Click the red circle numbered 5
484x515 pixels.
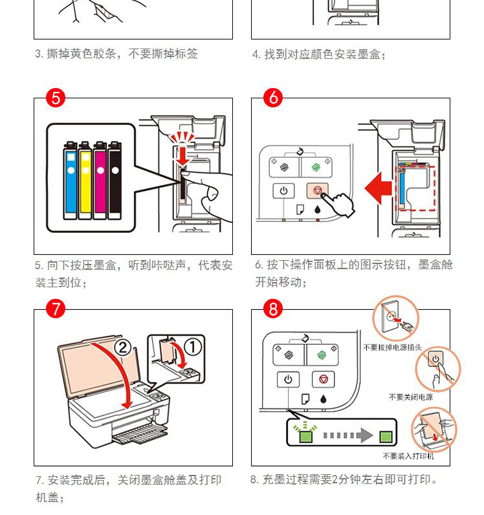click(56, 98)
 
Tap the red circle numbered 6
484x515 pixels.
click(273, 98)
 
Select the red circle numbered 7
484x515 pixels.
click(56, 309)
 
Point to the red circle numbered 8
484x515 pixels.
click(273, 309)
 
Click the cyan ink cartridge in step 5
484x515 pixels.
click(71, 179)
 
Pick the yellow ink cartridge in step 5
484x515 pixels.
click(85, 179)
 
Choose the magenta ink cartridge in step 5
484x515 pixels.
click(100, 179)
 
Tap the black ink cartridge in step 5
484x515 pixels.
click(115, 179)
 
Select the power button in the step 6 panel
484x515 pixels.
click(284, 191)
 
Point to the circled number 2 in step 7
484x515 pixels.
click(122, 348)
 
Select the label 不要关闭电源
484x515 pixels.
click(410, 397)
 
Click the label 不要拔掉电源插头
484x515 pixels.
click(392, 347)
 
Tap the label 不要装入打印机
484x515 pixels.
click(408, 455)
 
